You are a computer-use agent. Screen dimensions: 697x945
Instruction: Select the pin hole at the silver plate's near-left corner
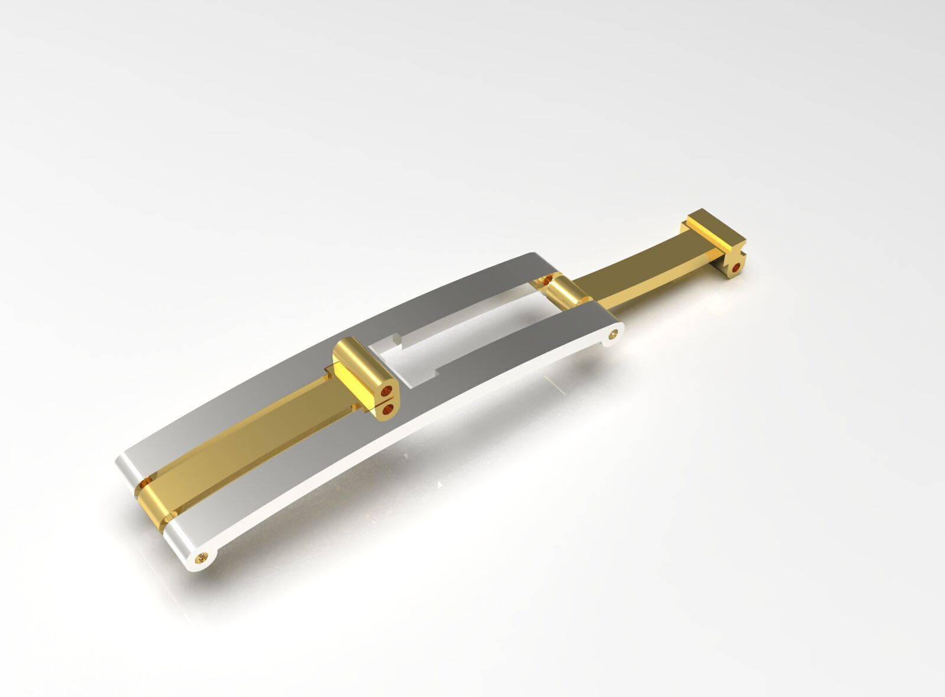click(204, 557)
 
